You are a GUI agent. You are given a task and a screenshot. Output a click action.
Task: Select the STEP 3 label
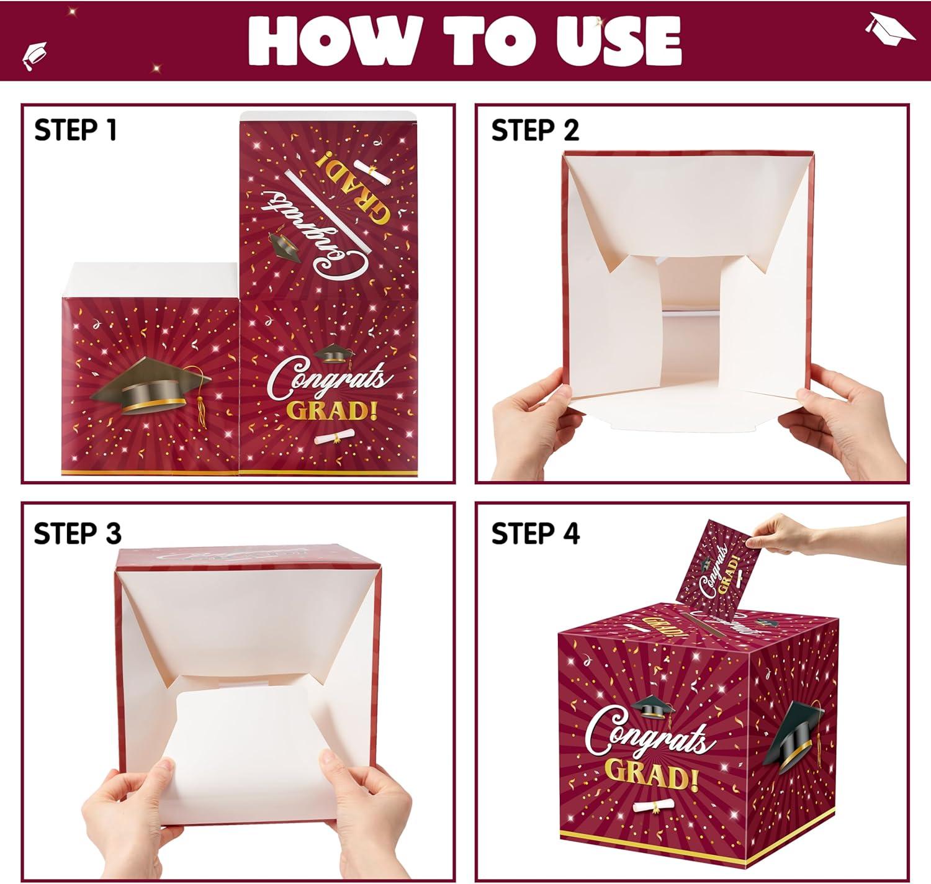point(78,533)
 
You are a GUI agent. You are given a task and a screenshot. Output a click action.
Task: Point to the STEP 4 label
point(536,533)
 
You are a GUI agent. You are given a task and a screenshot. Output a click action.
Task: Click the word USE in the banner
point(618,41)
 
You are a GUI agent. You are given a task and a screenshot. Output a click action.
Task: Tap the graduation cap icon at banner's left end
point(35,56)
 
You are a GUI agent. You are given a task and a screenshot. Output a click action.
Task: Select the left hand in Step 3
point(128,824)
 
